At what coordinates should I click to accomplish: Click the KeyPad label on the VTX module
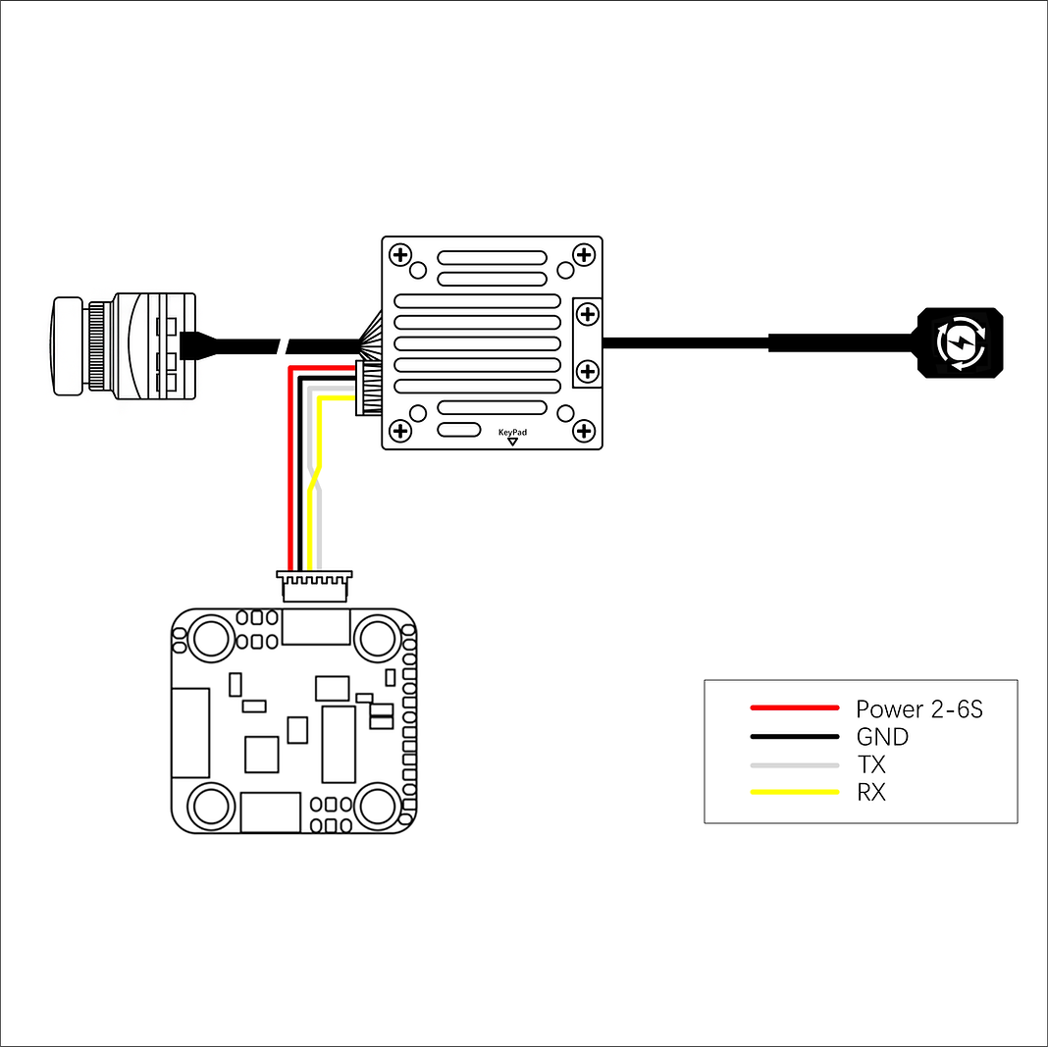(x=512, y=433)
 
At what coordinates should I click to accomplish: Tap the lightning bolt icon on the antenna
(x=961, y=342)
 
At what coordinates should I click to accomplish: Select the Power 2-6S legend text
(x=919, y=708)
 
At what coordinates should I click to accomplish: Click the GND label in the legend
(x=882, y=736)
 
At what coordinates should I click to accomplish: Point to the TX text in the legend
(x=871, y=764)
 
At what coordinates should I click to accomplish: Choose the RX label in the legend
(x=871, y=792)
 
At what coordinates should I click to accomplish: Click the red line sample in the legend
(x=794, y=707)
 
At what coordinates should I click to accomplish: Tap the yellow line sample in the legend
(x=794, y=792)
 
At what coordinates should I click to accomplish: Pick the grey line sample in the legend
(x=794, y=765)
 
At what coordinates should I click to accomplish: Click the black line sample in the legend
(x=794, y=736)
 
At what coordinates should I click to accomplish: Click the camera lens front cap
(x=68, y=346)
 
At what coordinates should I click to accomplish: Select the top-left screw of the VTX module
(x=400, y=254)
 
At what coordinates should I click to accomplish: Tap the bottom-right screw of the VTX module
(x=584, y=431)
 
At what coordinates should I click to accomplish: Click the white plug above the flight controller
(x=314, y=586)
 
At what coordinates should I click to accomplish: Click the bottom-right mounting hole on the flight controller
(x=377, y=807)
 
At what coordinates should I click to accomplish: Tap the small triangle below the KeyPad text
(x=512, y=442)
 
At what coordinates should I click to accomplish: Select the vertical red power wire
(x=290, y=468)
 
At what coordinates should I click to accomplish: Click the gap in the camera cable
(x=284, y=346)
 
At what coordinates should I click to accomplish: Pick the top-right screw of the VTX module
(x=584, y=254)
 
